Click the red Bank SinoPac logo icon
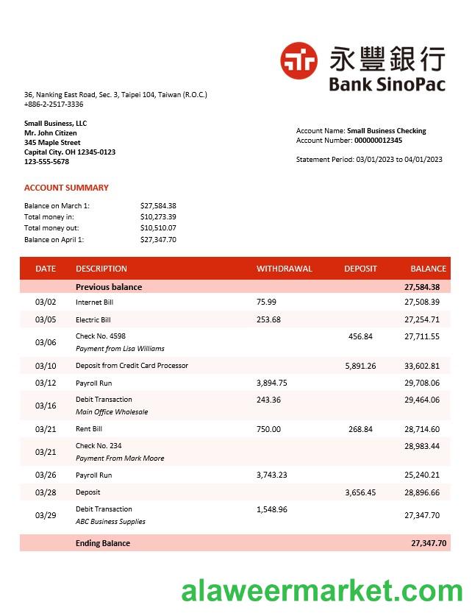(x=298, y=60)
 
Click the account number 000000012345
(x=378, y=141)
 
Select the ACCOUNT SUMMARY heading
(x=66, y=188)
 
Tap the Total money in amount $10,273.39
(x=158, y=217)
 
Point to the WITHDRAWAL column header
(x=284, y=269)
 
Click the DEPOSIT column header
(x=360, y=269)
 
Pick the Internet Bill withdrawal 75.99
(x=266, y=302)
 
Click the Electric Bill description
(x=93, y=320)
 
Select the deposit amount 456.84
(x=360, y=336)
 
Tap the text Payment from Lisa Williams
(x=120, y=349)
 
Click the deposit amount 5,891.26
(x=360, y=366)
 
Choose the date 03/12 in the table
(x=46, y=383)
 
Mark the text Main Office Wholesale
(x=112, y=412)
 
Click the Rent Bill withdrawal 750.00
(x=268, y=429)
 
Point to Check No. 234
(x=99, y=446)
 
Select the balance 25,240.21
(x=421, y=475)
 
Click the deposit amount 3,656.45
(x=360, y=492)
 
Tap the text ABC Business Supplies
(x=110, y=522)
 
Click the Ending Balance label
(x=102, y=543)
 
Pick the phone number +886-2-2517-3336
(x=54, y=105)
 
